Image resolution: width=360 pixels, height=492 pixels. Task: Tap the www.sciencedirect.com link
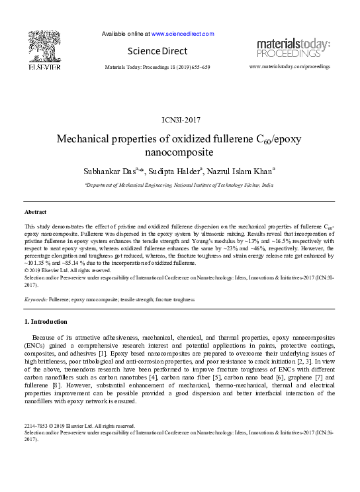(x=183, y=33)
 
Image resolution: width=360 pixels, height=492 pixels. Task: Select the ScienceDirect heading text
(x=159, y=51)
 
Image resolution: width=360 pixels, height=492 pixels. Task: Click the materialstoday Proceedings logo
(x=292, y=48)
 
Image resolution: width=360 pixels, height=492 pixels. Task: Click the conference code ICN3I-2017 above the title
(x=181, y=120)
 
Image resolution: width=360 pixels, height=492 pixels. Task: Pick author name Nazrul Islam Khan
(x=245, y=171)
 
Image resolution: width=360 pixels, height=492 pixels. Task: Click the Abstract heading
(x=35, y=211)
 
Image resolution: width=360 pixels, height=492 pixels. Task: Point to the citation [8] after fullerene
(x=57, y=385)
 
